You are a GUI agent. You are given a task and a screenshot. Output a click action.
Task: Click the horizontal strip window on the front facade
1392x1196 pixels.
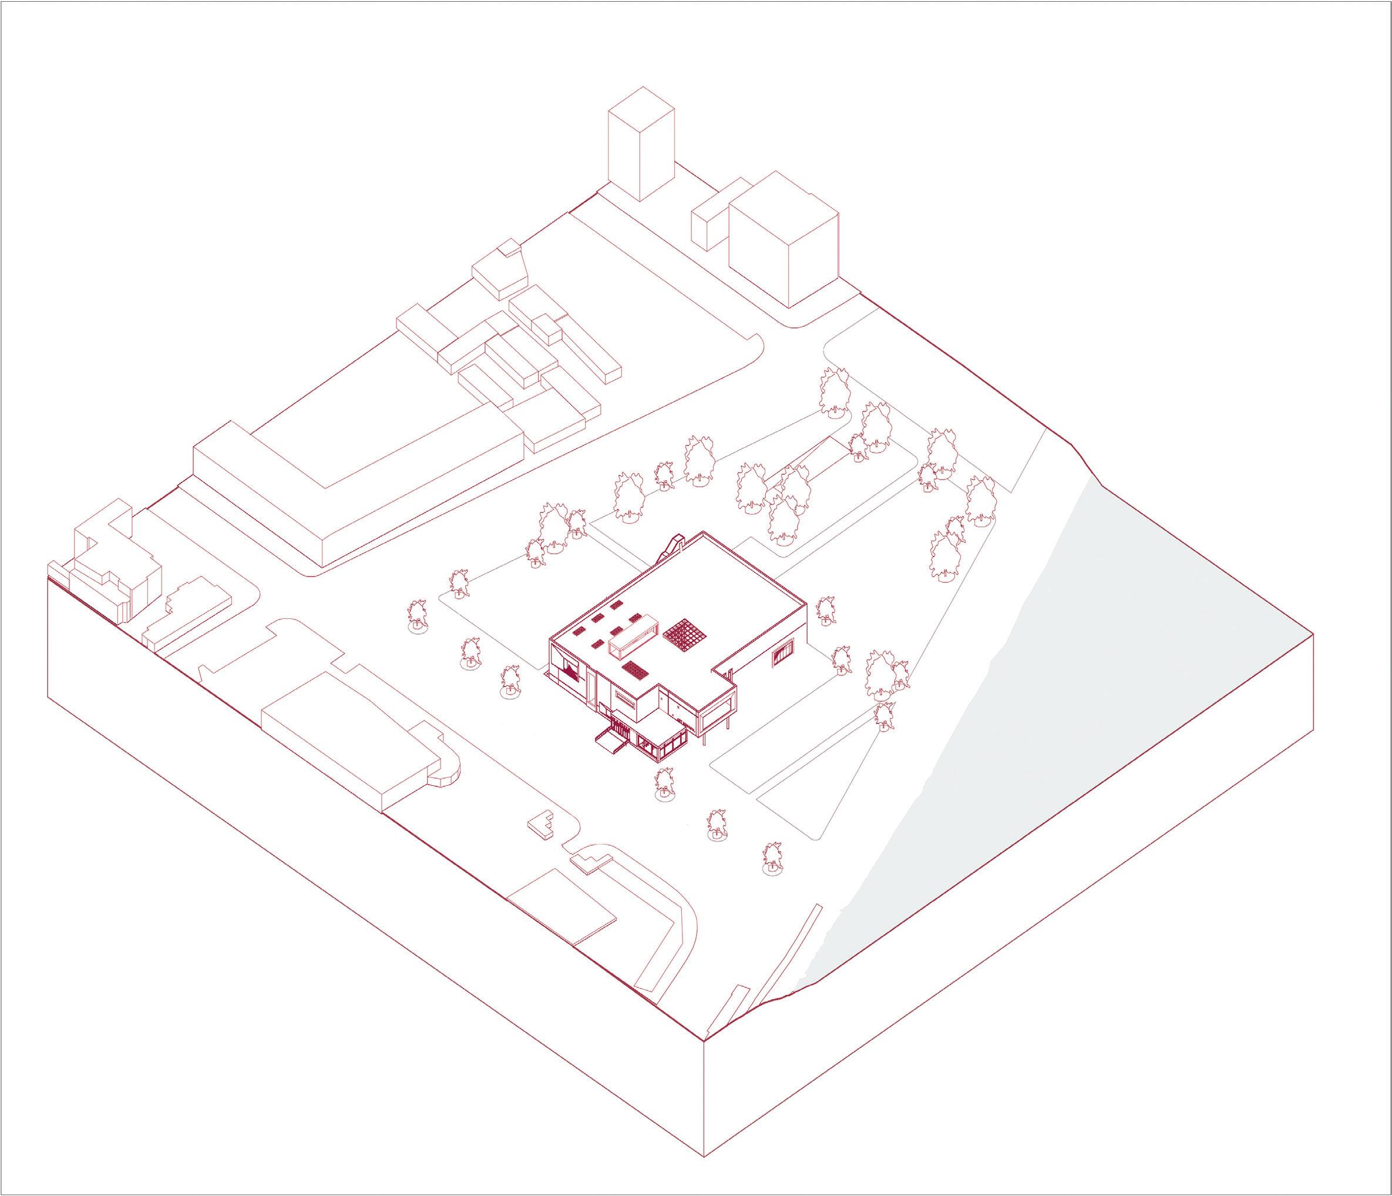623,705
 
